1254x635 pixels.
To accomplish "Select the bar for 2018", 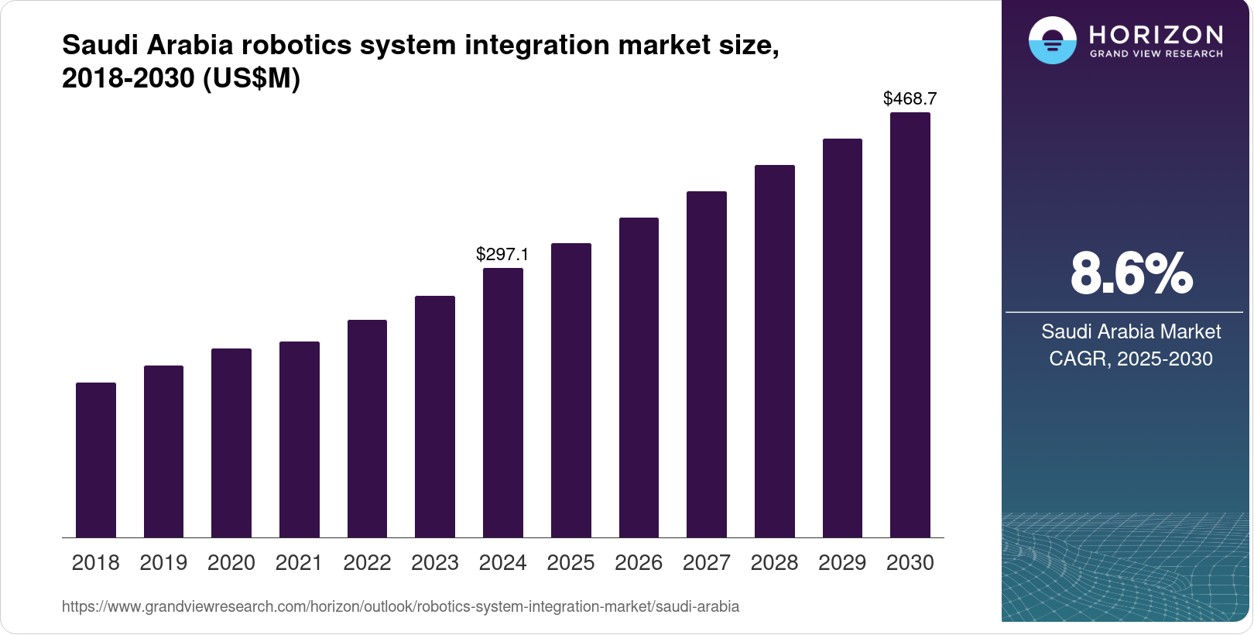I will [96, 460].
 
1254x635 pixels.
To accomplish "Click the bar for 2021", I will [300, 439].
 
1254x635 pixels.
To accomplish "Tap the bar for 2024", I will [503, 403].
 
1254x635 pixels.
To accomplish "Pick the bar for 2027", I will [707, 364].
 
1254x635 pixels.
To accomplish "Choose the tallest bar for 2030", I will [910, 325].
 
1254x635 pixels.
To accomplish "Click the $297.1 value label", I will [502, 254].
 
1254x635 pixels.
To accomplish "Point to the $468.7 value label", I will [910, 98].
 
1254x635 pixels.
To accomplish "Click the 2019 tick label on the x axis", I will [163, 563].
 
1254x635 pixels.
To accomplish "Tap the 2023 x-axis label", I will [435, 563].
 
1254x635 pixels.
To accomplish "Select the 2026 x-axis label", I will [639, 563].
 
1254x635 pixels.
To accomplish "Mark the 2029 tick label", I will [842, 563].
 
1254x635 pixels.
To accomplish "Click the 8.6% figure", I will [1131, 273].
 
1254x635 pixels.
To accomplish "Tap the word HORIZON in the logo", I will [1156, 34].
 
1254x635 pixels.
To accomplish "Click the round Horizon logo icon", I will [1052, 40].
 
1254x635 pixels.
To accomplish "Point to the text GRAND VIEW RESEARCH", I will [1156, 54].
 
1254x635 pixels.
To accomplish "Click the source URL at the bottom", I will [400, 606].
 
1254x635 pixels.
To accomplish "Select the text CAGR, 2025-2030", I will [1131, 359].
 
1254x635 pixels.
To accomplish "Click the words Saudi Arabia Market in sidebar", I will [1131, 331].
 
